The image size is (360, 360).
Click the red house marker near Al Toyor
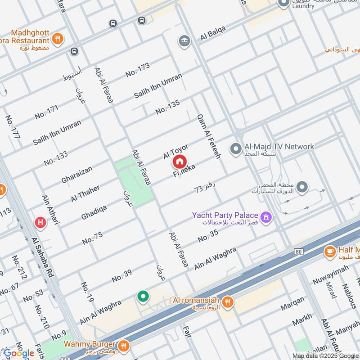pyautogui.click(x=180, y=161)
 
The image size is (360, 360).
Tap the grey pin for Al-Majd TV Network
pyautogui.click(x=235, y=148)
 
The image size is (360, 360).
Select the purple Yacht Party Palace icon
pyautogui.click(x=267, y=217)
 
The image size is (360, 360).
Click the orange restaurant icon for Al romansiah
pyautogui.click(x=229, y=301)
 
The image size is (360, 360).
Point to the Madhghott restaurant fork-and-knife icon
pyautogui.click(x=57, y=39)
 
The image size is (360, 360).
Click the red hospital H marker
pyautogui.click(x=40, y=222)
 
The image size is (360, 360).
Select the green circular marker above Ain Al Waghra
pyautogui.click(x=143, y=296)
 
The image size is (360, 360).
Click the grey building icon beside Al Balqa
pyautogui.click(x=184, y=42)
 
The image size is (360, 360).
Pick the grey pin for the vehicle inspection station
pyautogui.click(x=302, y=186)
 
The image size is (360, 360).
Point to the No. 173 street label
pyautogui.click(x=137, y=69)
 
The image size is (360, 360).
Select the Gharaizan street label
pyautogui.click(x=77, y=175)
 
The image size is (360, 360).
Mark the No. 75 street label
pyautogui.click(x=92, y=238)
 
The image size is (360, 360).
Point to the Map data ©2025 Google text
pyautogui.click(x=324, y=355)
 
